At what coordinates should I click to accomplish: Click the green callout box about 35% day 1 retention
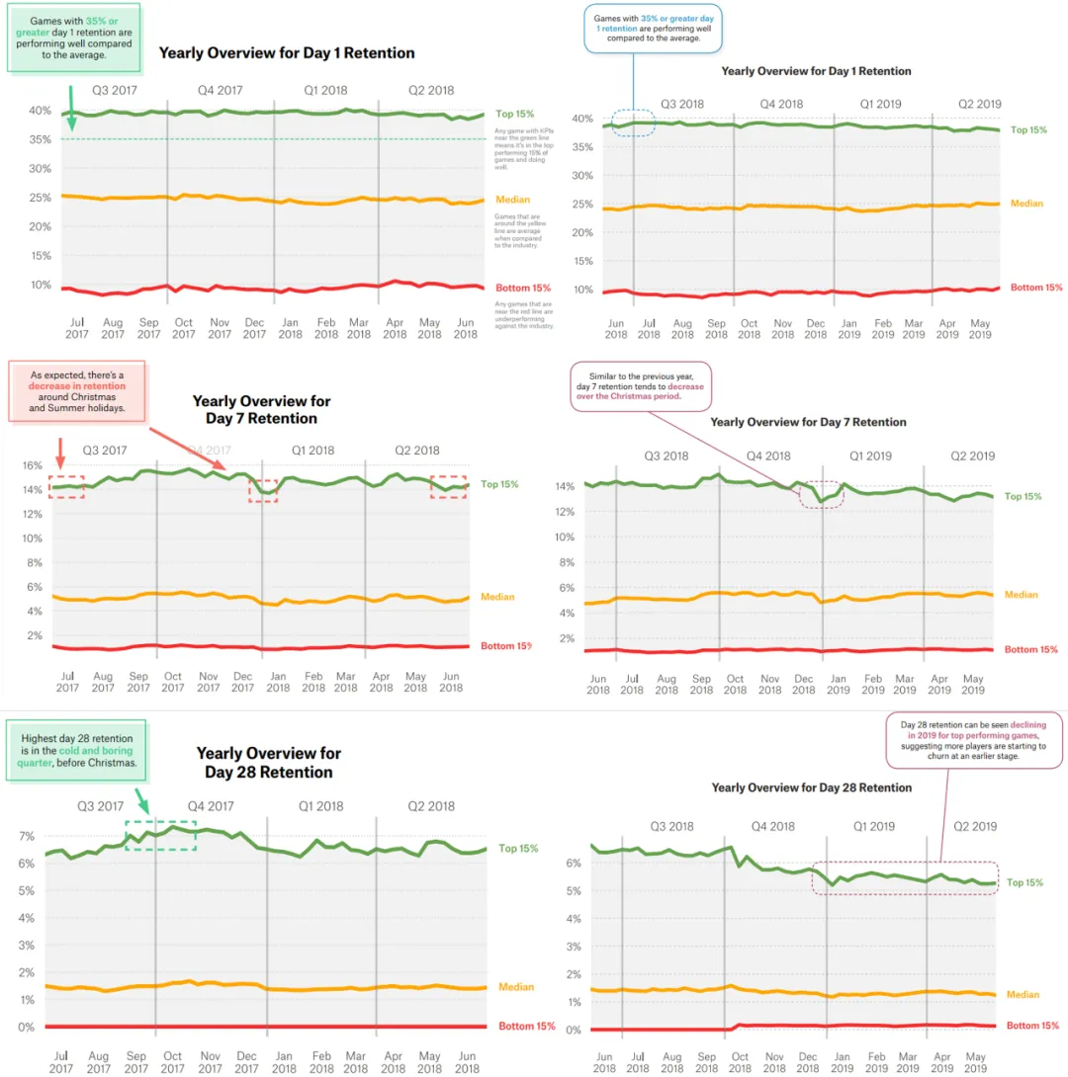pos(75,37)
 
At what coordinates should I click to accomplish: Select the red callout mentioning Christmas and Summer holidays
pos(76,391)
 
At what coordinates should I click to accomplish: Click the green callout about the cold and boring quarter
pos(77,751)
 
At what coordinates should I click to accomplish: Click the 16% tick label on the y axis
pos(31,465)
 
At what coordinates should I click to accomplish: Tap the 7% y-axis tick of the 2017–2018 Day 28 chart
pos(27,836)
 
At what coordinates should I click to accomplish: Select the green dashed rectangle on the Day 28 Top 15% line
pos(160,835)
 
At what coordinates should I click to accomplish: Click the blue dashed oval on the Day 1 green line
pos(634,123)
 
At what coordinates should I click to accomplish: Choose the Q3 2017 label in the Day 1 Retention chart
pos(115,90)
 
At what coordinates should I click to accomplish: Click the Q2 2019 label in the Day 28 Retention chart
pos(974,826)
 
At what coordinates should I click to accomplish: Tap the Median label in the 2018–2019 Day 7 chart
pos(1021,595)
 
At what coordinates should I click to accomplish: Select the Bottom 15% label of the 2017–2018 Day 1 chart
pos(522,288)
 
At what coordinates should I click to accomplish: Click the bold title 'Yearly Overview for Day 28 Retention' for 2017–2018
pos(268,762)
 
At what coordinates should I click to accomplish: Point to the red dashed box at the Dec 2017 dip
pos(263,488)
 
